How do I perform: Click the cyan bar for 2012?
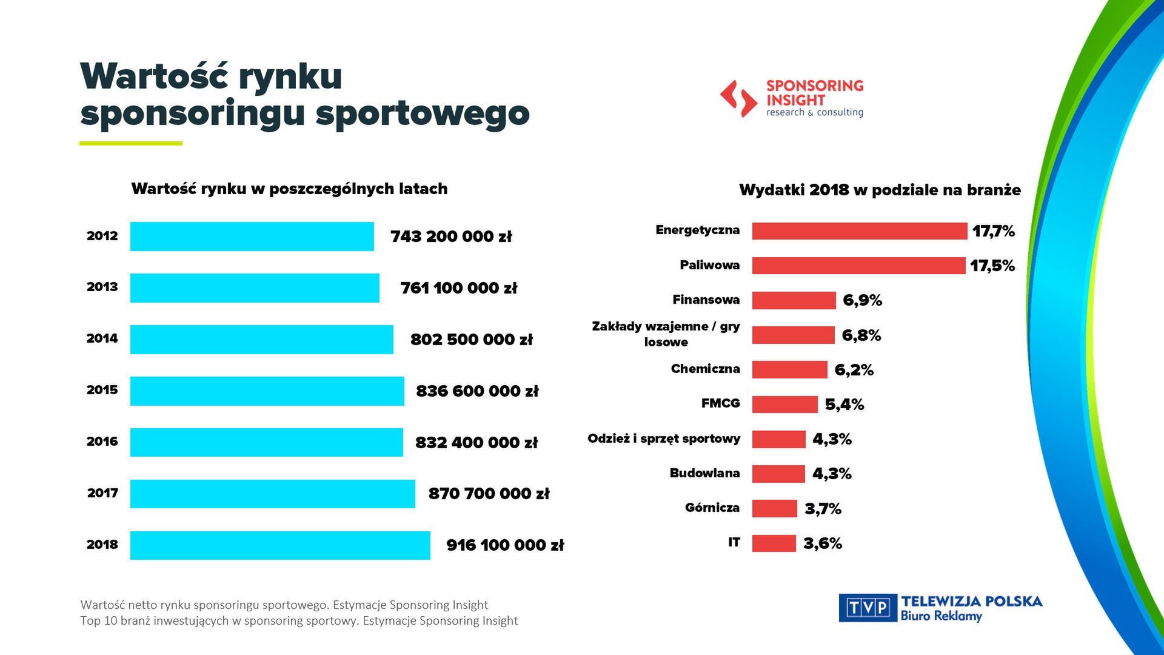click(252, 237)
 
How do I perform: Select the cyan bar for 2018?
click(280, 545)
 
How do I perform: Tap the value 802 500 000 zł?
click(471, 340)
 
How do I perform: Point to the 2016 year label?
click(102, 442)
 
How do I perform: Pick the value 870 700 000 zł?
click(489, 494)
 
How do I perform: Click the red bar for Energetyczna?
click(859, 231)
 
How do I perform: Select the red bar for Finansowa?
click(794, 300)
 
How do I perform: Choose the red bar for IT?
click(774, 543)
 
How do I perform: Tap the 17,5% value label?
click(992, 266)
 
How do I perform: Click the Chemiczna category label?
click(705, 369)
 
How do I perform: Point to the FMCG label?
click(720, 403)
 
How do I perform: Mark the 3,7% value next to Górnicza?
click(823, 509)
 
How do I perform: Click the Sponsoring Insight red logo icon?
click(738, 98)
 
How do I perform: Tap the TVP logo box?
click(868, 608)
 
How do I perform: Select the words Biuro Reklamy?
click(941, 616)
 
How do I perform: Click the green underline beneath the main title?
click(130, 144)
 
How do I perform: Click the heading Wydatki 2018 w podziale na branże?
click(880, 190)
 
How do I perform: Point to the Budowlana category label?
click(704, 473)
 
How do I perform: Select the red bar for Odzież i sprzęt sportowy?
click(778, 439)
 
